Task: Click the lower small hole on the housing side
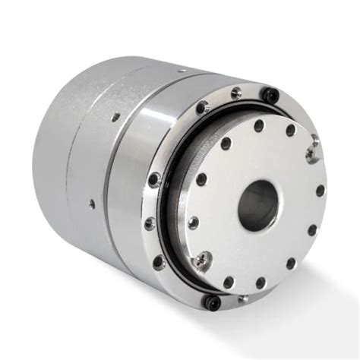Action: pyautogui.click(x=92, y=203)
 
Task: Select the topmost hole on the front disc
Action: pyautogui.click(x=259, y=125)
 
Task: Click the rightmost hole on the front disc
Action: pyautogui.click(x=320, y=191)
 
